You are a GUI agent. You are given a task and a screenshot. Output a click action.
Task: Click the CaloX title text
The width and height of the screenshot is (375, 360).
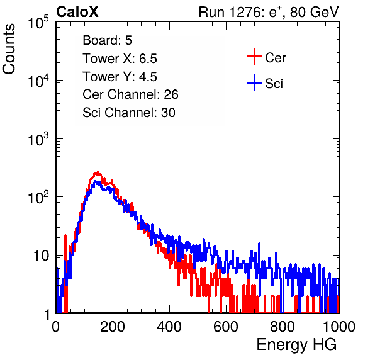pyautogui.click(x=77, y=12)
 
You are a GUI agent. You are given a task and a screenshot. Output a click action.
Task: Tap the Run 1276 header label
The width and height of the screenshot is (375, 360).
pyautogui.click(x=269, y=12)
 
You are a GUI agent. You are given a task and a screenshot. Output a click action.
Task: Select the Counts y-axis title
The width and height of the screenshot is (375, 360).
pyautogui.click(x=9, y=49)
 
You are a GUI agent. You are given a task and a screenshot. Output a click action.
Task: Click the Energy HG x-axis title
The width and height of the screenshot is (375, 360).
pyautogui.click(x=296, y=345)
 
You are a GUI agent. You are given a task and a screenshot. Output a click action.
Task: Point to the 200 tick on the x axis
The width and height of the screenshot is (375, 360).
pyautogui.click(x=113, y=327)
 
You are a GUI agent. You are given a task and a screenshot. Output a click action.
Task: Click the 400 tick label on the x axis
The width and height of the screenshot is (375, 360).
pyautogui.click(x=169, y=327)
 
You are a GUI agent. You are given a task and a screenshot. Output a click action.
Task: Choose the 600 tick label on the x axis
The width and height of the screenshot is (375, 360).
pyautogui.click(x=226, y=327)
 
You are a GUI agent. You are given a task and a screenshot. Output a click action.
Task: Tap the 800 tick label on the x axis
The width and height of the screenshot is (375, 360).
pyautogui.click(x=283, y=327)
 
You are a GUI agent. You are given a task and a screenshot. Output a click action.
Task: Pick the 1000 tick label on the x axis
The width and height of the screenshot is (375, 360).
pyautogui.click(x=339, y=327)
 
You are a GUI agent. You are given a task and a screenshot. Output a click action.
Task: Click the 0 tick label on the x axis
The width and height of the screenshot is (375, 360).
pyautogui.click(x=55, y=327)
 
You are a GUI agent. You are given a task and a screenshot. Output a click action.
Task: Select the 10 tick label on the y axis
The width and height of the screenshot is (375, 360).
pyautogui.click(x=42, y=256)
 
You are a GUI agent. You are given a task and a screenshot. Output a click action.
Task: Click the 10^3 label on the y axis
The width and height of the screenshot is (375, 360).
pyautogui.click(x=38, y=138)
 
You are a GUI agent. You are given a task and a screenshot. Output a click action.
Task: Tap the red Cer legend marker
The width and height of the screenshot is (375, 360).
pyautogui.click(x=254, y=57)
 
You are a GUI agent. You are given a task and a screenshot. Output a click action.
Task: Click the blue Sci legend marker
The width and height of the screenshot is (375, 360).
pyautogui.click(x=254, y=82)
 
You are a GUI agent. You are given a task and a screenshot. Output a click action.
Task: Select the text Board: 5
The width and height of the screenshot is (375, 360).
pyautogui.click(x=108, y=40)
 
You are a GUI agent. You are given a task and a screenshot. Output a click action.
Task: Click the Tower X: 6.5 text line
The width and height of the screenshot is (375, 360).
pyautogui.click(x=120, y=59)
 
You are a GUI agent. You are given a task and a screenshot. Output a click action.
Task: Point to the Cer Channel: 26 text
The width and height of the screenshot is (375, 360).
pyautogui.click(x=130, y=94)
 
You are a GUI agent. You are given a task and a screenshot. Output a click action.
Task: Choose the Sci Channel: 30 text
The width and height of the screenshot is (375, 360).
pyautogui.click(x=129, y=113)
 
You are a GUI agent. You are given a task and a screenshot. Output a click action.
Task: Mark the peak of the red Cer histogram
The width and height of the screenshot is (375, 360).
pyautogui.click(x=97, y=172)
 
